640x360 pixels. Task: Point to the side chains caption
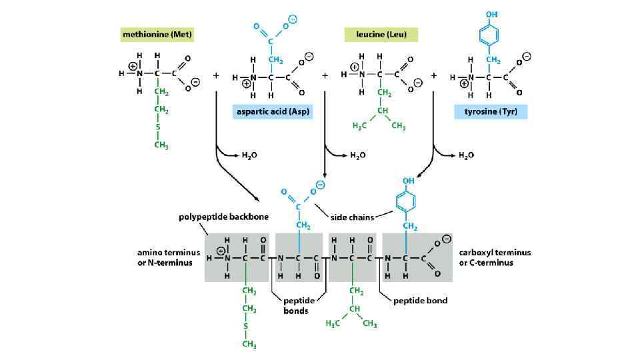click(x=353, y=217)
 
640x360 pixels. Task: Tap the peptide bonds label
click(x=297, y=305)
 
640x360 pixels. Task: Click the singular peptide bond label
click(x=420, y=301)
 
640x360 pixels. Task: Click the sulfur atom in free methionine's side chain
click(x=158, y=126)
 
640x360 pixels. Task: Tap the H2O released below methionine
click(x=249, y=155)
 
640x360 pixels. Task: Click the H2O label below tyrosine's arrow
click(x=465, y=155)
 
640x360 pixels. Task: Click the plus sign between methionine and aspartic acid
click(x=215, y=76)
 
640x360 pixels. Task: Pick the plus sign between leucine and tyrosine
click(x=434, y=76)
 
